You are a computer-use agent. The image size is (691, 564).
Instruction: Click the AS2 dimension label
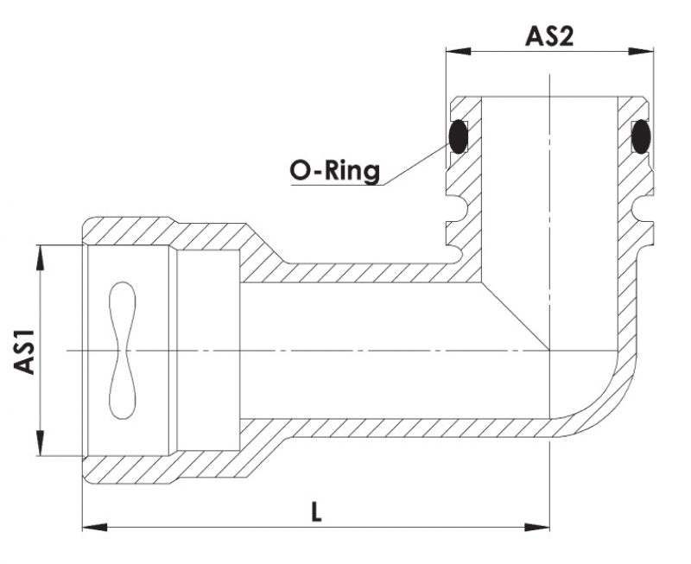(x=549, y=37)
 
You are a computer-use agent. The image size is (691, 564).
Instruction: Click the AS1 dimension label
(x=25, y=351)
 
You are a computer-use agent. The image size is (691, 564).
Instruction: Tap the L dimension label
(x=316, y=511)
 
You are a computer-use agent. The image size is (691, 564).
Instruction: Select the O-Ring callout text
(x=333, y=171)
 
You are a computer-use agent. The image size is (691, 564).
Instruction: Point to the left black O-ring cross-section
(x=458, y=136)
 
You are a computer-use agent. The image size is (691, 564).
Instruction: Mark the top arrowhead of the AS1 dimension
(x=40, y=251)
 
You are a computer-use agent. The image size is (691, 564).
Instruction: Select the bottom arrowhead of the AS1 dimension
(x=40, y=449)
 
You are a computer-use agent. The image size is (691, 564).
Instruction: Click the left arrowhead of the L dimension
(x=90, y=524)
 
